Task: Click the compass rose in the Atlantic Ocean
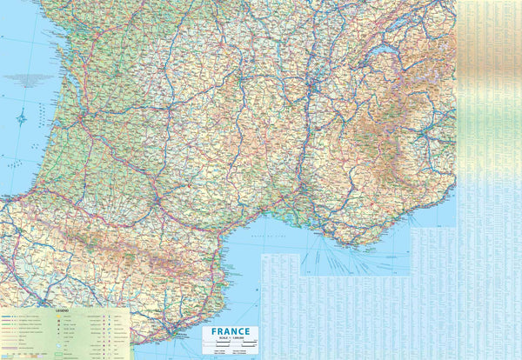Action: click(x=22, y=115)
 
